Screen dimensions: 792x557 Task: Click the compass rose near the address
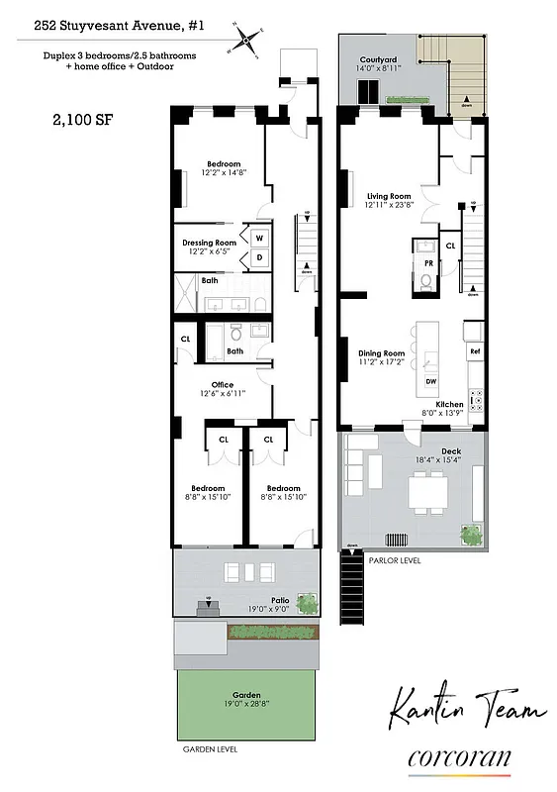247,41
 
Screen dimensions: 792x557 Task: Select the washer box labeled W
259,239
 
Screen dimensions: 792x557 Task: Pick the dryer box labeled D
259,257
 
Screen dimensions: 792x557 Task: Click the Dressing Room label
210,243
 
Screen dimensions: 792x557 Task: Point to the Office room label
222,385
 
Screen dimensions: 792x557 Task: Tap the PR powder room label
428,264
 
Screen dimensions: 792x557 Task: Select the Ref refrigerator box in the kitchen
475,351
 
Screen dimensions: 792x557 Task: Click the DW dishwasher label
430,381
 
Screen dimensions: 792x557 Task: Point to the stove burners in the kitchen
475,400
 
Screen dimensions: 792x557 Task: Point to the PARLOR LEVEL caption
395,559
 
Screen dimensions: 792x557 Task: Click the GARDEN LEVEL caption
210,749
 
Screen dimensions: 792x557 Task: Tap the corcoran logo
459,759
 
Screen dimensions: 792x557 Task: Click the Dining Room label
381,353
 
